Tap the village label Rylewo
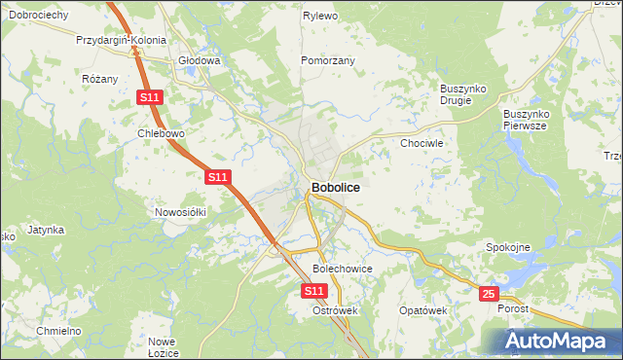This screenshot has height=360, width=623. point(319,17)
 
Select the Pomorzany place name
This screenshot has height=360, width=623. point(327,60)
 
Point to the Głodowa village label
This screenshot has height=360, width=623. point(200,60)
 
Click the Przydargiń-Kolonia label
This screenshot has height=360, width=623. point(122,42)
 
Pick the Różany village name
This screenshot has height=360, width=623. point(100,79)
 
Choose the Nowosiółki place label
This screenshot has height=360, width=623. point(181,211)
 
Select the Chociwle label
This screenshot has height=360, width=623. point(422,143)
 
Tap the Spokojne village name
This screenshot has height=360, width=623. point(507,247)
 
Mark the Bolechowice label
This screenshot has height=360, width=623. point(342,268)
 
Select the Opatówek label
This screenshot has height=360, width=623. point(422,310)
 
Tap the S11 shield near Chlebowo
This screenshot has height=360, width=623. point(149,97)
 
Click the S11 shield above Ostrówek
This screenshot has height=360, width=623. point(312,291)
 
